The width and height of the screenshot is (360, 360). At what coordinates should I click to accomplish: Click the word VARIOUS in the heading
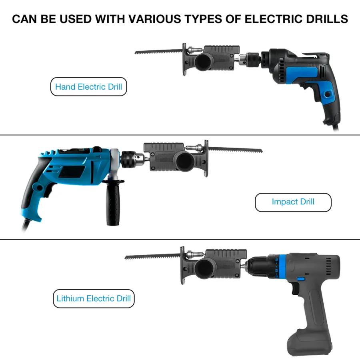155,19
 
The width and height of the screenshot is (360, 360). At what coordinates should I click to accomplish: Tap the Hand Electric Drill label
89,86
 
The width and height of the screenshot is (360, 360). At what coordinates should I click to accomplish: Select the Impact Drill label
293,202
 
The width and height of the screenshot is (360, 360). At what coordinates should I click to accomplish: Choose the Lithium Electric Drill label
94,298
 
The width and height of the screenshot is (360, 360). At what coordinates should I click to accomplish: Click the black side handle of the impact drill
113,202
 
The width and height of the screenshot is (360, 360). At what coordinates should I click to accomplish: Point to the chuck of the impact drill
132,159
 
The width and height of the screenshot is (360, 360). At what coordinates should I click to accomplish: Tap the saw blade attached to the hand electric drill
159,52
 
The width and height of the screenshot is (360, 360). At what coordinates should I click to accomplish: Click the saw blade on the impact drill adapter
235,150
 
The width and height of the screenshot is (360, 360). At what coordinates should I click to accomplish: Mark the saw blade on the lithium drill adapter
153,256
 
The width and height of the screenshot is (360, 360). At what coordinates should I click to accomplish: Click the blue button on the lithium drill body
300,279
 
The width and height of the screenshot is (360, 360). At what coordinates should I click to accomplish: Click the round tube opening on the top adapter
204,62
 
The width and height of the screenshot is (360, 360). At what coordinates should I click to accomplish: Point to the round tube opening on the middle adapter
184,161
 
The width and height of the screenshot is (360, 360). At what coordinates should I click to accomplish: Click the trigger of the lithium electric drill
295,288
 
